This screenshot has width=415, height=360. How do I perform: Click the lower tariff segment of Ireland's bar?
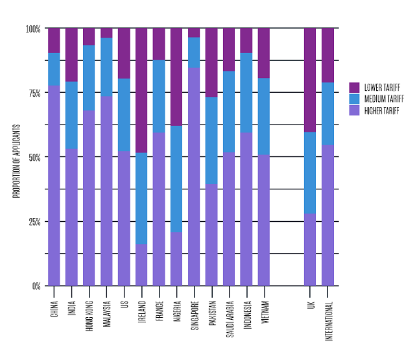(x=141, y=90)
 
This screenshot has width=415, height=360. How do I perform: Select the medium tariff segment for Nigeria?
(x=176, y=179)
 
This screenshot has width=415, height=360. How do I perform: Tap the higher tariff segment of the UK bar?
(x=310, y=250)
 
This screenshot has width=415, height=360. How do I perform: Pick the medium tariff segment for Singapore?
(x=194, y=53)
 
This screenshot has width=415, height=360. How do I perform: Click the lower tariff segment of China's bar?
(x=54, y=40)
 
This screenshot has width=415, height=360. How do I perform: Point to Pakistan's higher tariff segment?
(x=211, y=235)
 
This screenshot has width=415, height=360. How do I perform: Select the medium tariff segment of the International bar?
(x=327, y=114)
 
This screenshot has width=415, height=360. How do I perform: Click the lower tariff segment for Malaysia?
(x=106, y=33)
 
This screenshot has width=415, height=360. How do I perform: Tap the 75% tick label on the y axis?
(x=34, y=93)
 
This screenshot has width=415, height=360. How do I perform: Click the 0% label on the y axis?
(x=36, y=286)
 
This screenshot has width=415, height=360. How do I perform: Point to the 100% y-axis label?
(x=33, y=29)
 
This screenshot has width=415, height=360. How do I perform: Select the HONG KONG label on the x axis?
(x=89, y=316)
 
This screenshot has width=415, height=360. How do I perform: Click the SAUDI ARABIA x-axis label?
(x=230, y=319)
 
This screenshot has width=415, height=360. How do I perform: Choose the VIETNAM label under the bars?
(x=265, y=312)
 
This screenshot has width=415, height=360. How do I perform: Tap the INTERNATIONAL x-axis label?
(x=328, y=321)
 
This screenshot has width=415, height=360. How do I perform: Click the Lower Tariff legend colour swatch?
(x=354, y=88)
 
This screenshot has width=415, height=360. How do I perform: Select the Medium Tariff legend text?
(x=384, y=99)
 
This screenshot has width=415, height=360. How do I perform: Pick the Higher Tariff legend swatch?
(x=354, y=110)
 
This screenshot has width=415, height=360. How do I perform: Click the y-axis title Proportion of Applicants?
(x=16, y=162)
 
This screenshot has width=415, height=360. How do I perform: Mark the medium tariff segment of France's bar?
(x=159, y=97)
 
